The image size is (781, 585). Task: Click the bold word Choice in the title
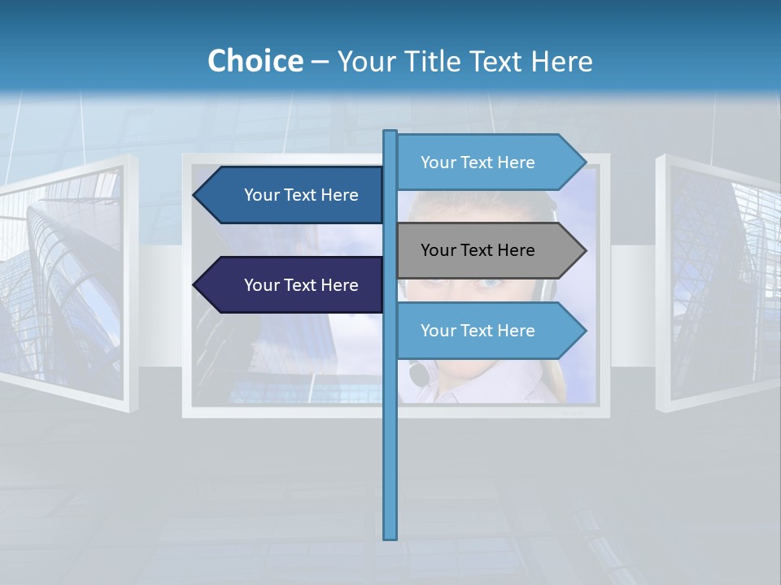tap(255, 61)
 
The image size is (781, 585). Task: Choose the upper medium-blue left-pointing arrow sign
tap(293, 195)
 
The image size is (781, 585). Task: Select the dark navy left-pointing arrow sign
tap(293, 285)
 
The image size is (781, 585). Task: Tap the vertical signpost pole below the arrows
tap(390, 455)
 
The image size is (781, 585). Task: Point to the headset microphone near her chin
tap(419, 375)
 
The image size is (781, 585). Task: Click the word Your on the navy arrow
tap(262, 285)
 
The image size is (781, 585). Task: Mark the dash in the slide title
tap(320, 61)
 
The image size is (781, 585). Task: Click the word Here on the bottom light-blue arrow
tap(516, 331)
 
